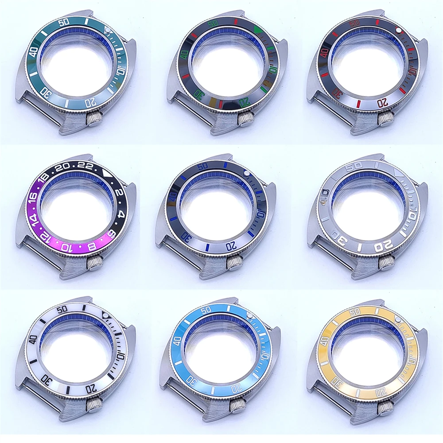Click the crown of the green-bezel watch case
94,119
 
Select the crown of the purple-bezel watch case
94,264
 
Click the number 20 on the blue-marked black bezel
230,245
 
